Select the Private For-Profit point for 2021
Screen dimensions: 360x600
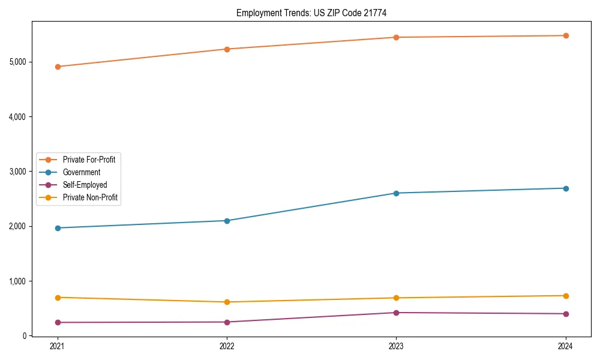pos(58,67)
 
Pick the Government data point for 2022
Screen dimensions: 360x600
pos(227,221)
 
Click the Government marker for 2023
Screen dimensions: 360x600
pos(396,193)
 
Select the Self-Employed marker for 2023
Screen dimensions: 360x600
pos(396,313)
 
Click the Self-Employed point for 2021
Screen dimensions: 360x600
pos(58,323)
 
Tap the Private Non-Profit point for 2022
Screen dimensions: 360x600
pos(227,302)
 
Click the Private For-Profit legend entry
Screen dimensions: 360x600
pos(89,160)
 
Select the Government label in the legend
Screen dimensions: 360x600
pos(82,172)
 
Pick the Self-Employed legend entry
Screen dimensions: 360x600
pos(85,185)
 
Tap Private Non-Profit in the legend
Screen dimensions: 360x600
pos(90,197)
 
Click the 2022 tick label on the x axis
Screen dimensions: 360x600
pos(227,346)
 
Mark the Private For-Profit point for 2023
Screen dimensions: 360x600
pos(396,37)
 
